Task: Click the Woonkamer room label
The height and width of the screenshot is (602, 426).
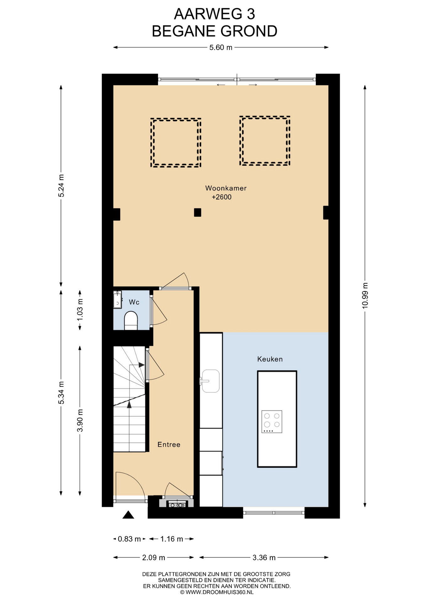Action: (226, 188)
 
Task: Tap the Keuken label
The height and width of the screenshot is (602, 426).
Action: (270, 359)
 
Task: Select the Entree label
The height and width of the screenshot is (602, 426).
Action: (169, 444)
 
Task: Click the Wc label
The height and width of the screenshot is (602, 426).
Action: (134, 302)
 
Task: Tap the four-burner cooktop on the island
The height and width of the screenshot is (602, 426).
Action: (272, 421)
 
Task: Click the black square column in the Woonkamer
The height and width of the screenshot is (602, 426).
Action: (197, 213)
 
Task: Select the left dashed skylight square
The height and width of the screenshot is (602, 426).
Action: (176, 143)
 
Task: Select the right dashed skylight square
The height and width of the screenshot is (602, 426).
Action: (265, 141)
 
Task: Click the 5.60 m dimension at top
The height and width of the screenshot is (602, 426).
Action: (221, 47)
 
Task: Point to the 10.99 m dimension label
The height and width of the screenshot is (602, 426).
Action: (365, 296)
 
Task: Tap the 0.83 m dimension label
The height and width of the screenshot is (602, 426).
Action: (129, 539)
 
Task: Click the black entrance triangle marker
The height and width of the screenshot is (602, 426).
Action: (128, 515)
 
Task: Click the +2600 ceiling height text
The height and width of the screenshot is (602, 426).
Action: (221, 197)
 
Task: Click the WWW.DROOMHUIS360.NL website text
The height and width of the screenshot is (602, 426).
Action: (220, 592)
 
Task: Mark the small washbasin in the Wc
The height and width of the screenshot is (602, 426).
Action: (117, 300)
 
